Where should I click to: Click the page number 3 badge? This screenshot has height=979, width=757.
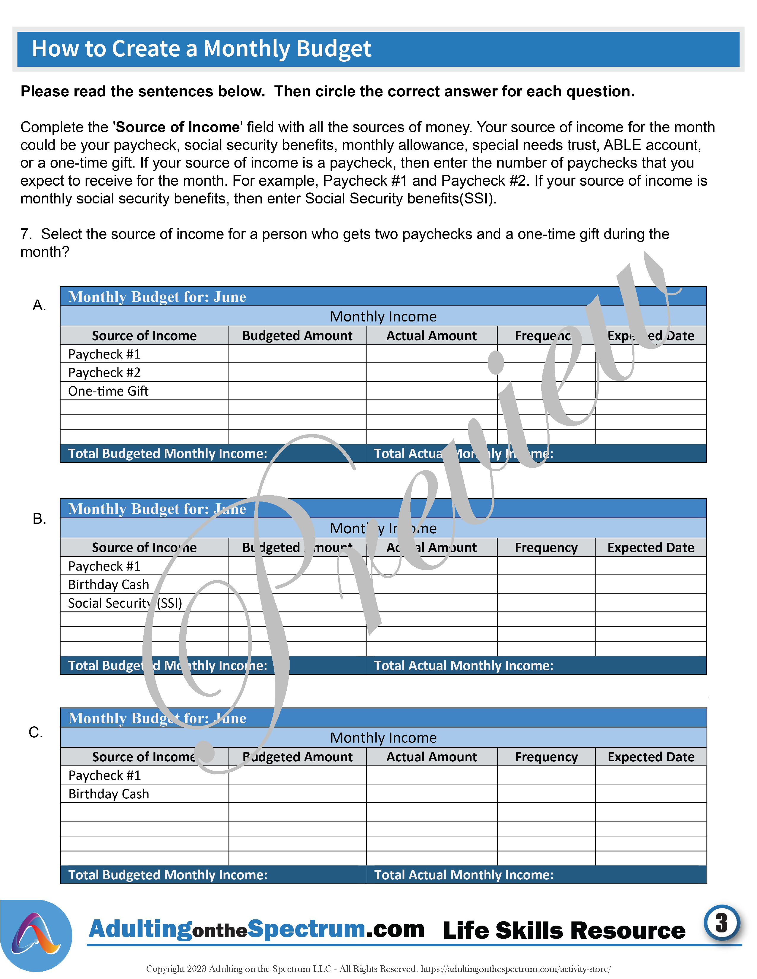click(x=721, y=923)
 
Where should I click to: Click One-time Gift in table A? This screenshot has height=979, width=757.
click(x=108, y=391)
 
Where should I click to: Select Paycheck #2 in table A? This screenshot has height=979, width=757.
click(x=104, y=373)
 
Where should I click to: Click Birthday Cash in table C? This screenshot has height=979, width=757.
click(x=109, y=794)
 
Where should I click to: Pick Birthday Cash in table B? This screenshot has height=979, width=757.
click(x=109, y=585)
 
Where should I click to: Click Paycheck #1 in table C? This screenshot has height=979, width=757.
click(x=104, y=775)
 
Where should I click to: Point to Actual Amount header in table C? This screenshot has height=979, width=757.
click(x=431, y=757)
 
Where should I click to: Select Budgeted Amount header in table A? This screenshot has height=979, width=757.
click(x=297, y=336)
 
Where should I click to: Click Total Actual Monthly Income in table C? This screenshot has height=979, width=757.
click(x=464, y=875)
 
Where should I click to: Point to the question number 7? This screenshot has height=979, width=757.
click(x=26, y=234)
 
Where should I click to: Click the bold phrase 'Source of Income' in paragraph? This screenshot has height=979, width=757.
click(x=177, y=127)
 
